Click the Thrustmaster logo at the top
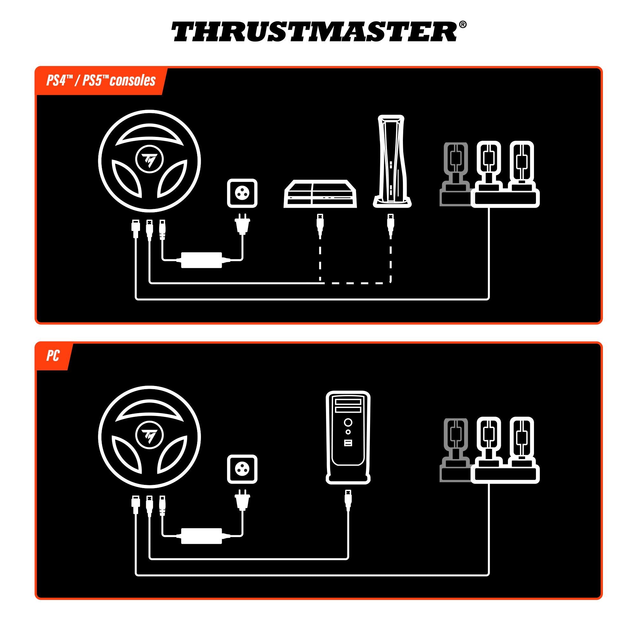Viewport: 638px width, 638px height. point(314,32)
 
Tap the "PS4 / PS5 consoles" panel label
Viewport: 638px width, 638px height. point(101,81)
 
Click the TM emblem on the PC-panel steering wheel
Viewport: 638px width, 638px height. point(149,437)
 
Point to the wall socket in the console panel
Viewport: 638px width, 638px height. point(242,194)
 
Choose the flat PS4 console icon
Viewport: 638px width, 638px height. point(320,194)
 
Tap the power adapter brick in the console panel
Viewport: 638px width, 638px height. point(201,260)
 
